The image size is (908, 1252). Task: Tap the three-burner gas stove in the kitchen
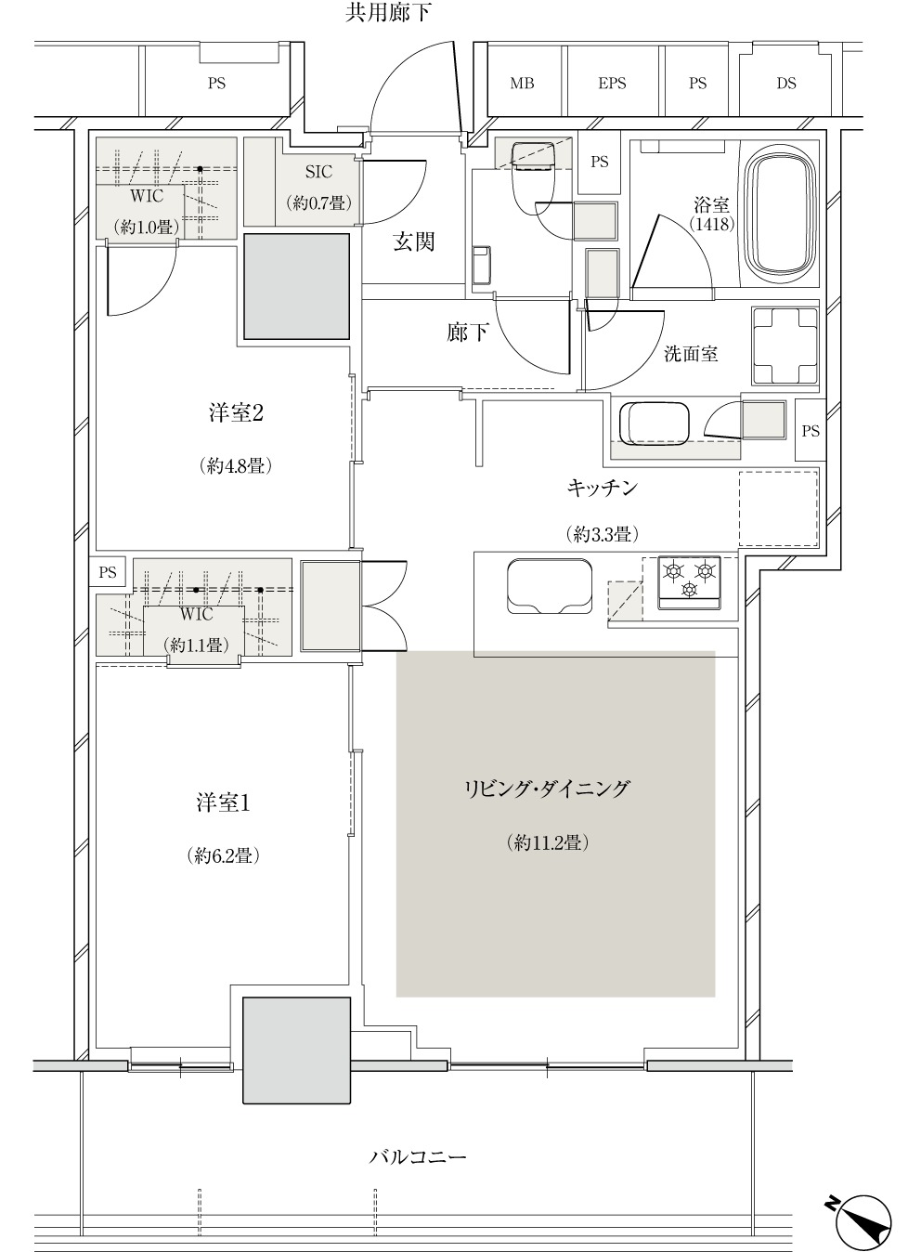click(690, 581)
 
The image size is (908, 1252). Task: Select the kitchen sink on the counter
click(550, 586)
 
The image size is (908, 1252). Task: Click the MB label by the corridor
click(522, 84)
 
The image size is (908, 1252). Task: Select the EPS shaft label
click(612, 84)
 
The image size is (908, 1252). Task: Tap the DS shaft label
click(786, 84)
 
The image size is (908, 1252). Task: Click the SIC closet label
click(318, 172)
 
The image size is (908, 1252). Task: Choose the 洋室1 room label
click(223, 803)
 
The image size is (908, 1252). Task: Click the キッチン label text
click(603, 488)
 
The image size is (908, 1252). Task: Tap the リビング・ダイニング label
click(548, 789)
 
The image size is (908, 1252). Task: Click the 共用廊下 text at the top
click(388, 13)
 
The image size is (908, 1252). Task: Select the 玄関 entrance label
click(414, 241)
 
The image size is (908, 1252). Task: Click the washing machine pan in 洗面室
click(785, 346)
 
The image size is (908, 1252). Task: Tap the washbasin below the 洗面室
click(655, 423)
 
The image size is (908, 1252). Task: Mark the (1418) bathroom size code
click(711, 224)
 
